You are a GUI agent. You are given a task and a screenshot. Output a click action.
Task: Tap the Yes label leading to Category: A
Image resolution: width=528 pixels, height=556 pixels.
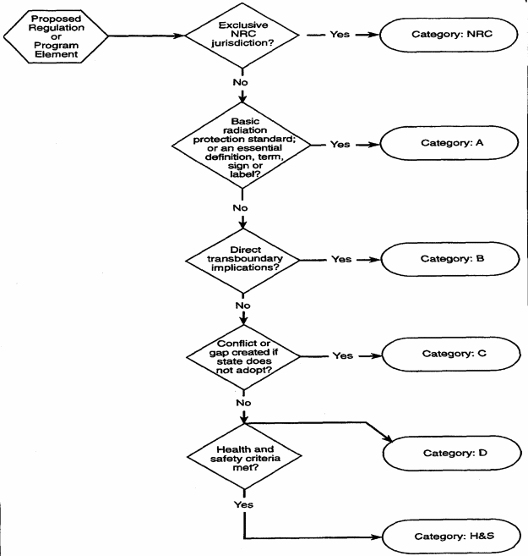click(x=339, y=144)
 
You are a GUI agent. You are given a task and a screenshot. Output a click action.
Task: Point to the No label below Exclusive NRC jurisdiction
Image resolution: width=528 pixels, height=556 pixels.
click(x=242, y=84)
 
